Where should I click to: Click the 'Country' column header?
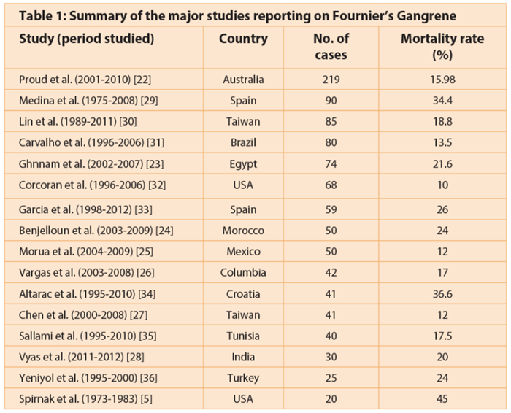[x=243, y=39]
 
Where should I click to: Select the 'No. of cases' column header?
[x=331, y=47]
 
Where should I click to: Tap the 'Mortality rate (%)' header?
[x=442, y=47]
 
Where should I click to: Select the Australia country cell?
[x=243, y=79]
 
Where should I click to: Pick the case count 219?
[x=331, y=79]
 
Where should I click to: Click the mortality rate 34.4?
[x=442, y=100]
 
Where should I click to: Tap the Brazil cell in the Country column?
[x=243, y=143]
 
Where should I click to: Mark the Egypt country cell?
[x=243, y=165]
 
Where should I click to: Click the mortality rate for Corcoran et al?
[x=442, y=185]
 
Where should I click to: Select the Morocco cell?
[x=243, y=231]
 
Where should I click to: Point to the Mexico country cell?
[x=243, y=251]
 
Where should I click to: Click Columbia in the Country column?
[x=243, y=272]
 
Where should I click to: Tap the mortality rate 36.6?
[x=442, y=294]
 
